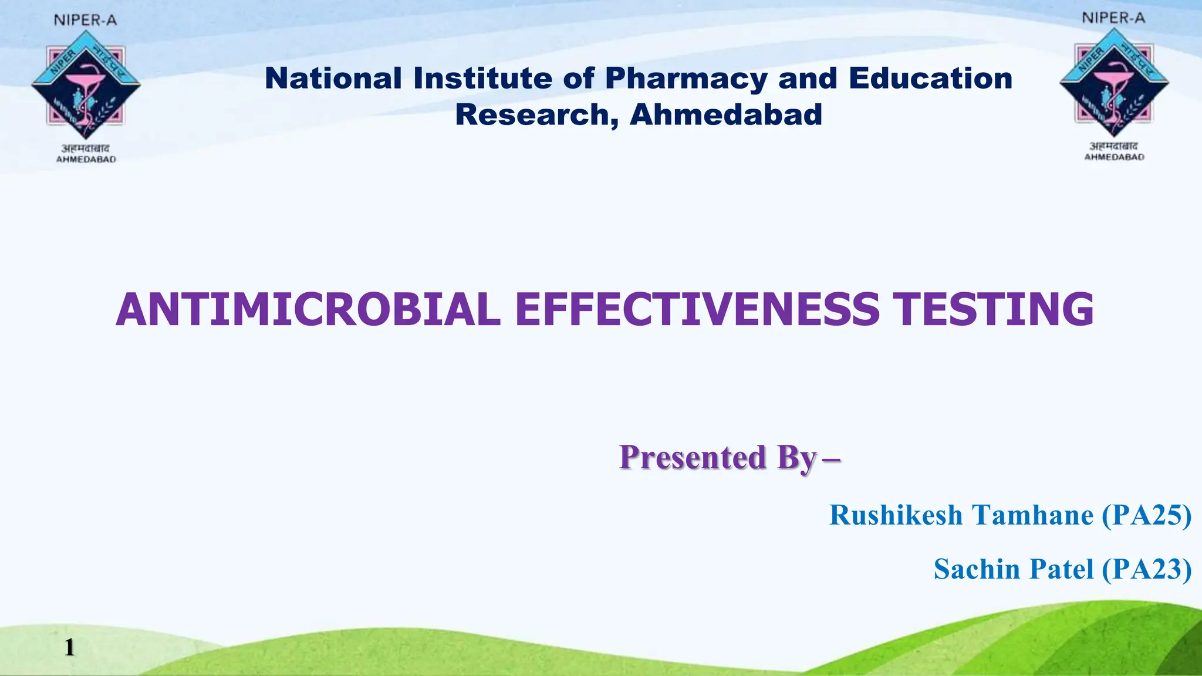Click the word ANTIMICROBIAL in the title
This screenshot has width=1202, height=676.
point(308,310)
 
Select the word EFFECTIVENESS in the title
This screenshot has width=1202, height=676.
point(697,310)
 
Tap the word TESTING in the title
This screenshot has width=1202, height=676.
point(993,310)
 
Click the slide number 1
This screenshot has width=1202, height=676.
point(69,647)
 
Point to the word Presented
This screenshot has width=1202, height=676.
point(693,457)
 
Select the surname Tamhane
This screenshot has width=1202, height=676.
point(1033,515)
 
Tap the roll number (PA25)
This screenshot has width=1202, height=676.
point(1146,515)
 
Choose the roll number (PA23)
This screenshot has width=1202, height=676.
point(1146,569)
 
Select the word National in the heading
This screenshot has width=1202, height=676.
point(333,79)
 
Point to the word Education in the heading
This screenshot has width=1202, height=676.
point(930,79)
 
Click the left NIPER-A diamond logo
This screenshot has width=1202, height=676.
point(86,86)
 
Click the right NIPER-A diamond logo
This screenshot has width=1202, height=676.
point(1114,83)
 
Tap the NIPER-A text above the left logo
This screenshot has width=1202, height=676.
point(86,21)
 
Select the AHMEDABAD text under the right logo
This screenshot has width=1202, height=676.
point(1114,157)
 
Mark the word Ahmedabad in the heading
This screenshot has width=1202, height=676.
point(725,114)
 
